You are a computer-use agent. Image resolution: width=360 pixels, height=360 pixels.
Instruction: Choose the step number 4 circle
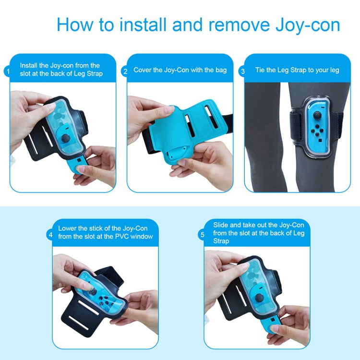[50, 235]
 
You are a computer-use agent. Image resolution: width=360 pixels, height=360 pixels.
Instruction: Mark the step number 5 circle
[202, 235]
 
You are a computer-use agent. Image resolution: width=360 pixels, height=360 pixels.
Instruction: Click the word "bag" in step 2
[221, 70]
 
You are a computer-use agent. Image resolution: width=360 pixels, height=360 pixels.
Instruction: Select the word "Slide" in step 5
[222, 225]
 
